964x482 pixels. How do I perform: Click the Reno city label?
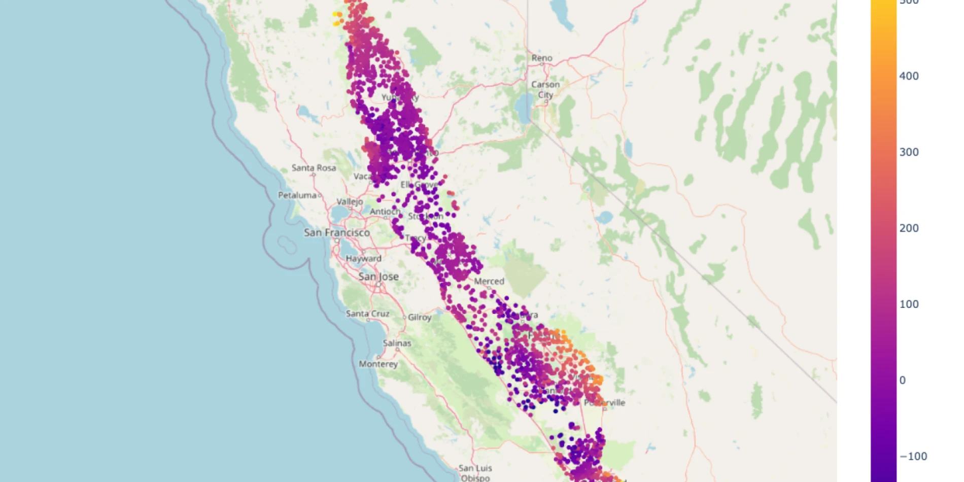tap(542, 58)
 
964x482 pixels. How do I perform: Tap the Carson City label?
tap(545, 89)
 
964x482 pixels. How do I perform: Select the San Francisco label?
tap(337, 232)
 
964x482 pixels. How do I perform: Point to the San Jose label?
tap(378, 277)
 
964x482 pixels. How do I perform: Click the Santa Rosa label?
tap(314, 167)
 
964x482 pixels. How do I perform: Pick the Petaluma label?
tap(297, 195)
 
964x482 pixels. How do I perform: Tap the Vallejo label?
tap(350, 201)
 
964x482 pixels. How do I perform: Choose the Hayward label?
tap(363, 258)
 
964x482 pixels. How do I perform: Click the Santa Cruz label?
tap(367, 314)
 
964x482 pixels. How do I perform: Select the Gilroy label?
tap(420, 317)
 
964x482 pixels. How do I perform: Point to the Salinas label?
tap(397, 343)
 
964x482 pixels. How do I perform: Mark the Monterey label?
tap(378, 364)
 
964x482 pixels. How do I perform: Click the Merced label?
tap(489, 281)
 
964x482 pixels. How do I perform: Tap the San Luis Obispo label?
tap(475, 473)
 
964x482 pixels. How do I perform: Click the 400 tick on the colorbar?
tap(909, 76)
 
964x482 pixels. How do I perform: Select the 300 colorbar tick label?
tap(909, 152)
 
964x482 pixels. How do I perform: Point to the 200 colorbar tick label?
tap(909, 228)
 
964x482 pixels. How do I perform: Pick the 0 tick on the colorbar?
tap(902, 381)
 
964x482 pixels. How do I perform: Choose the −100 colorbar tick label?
tap(913, 456)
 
